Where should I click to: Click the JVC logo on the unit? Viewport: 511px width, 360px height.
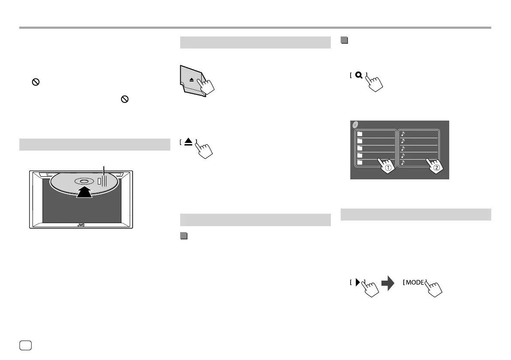click(81, 224)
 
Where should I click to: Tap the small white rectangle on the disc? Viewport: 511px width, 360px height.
click(100, 181)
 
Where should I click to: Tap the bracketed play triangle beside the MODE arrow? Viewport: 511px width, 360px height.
click(356, 282)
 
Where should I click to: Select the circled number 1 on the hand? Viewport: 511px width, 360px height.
click(387, 168)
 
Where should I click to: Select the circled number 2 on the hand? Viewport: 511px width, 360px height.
click(436, 168)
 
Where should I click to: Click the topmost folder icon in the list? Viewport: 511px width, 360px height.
click(360, 134)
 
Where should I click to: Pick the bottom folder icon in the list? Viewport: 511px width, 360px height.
click(360, 163)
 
